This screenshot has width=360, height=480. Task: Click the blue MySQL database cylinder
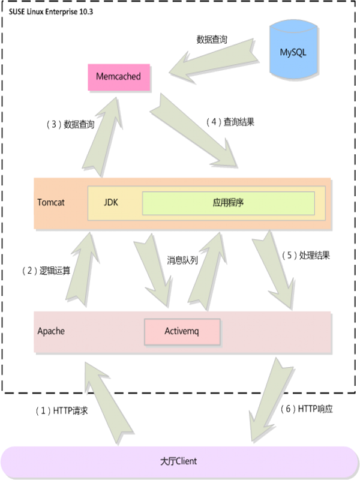(293, 52)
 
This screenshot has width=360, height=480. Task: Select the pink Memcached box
(118, 77)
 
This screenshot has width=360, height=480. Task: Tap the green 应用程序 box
(228, 203)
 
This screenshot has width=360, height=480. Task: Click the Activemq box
(182, 331)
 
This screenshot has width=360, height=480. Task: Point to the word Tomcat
(51, 202)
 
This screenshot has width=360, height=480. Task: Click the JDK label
(111, 203)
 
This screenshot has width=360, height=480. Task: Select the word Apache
(51, 331)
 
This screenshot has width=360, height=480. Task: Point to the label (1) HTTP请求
(62, 411)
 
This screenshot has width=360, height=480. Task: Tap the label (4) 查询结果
(230, 122)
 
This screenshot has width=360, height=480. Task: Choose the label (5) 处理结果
(306, 254)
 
